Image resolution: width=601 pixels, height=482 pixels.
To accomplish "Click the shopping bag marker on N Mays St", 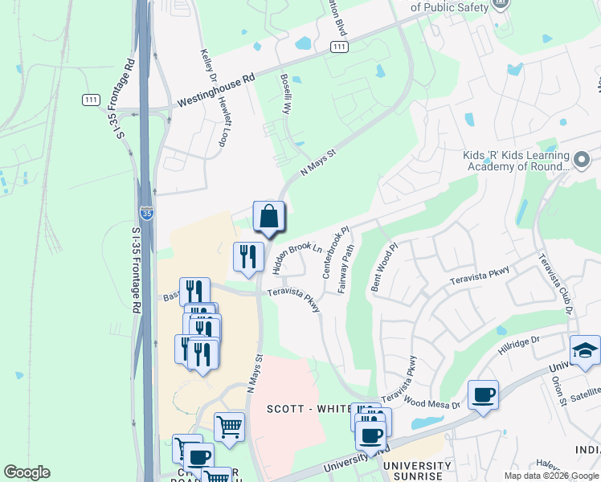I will tap(269, 217).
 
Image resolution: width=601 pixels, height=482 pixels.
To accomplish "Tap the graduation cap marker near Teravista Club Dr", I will tap(584, 351).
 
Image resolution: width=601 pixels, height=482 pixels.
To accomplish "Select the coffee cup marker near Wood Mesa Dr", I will tap(483, 395).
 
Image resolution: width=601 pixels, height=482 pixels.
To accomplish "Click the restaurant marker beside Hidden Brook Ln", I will tap(248, 257).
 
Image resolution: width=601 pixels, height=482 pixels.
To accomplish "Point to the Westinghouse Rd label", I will tap(215, 91).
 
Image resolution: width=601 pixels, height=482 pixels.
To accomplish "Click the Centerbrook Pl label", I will tap(337, 253).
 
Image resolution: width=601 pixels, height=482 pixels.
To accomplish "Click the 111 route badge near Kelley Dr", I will tap(91, 100).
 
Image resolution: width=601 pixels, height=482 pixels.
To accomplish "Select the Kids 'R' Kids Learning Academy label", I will tap(517, 161).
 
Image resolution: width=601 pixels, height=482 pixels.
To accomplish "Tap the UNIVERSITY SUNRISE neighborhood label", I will tap(417, 472).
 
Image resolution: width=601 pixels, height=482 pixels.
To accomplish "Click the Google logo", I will tap(27, 472).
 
